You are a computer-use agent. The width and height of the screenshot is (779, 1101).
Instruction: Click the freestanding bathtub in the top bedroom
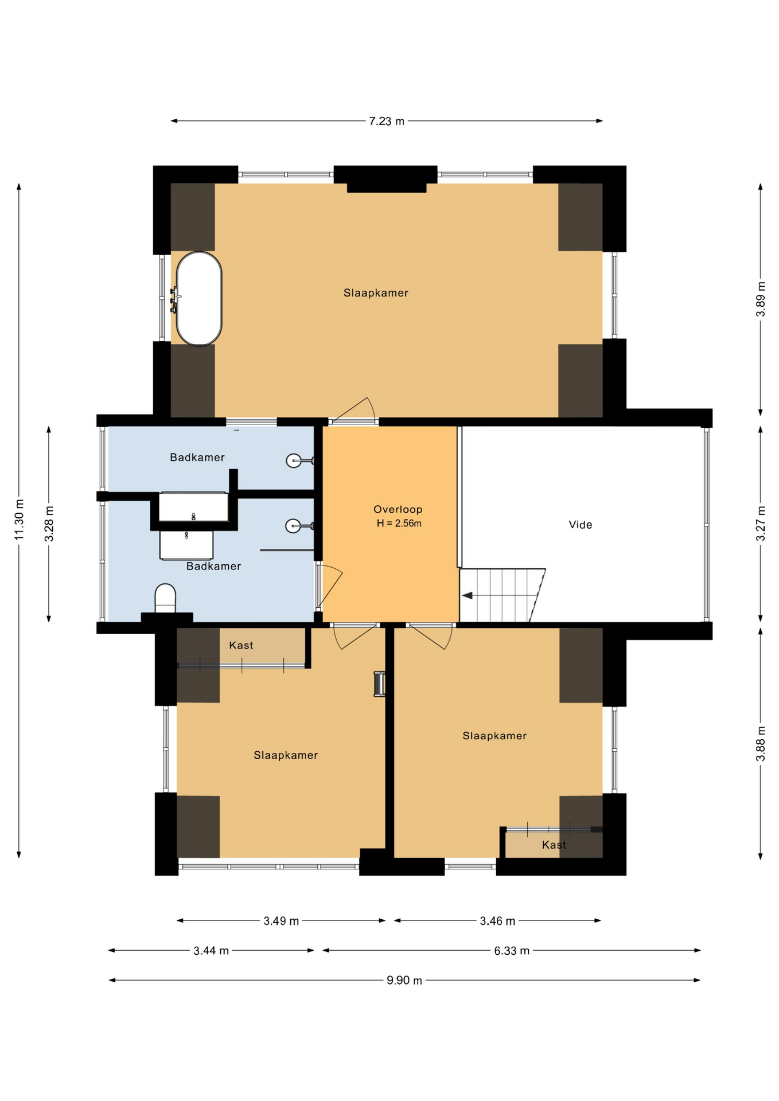198,299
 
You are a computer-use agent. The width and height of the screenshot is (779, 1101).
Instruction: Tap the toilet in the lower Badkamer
165,599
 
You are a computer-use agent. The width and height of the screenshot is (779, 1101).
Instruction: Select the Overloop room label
398,509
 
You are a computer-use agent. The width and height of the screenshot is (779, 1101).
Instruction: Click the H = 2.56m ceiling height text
399,524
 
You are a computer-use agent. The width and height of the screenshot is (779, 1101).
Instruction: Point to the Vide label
580,525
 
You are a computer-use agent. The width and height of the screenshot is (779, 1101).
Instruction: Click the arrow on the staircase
468,596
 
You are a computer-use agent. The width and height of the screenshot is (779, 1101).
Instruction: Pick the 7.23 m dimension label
387,122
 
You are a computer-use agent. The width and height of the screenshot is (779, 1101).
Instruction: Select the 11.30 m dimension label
19,520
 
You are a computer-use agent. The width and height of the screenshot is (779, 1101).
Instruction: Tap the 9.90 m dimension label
404,981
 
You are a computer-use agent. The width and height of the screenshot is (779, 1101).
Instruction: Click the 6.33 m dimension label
512,951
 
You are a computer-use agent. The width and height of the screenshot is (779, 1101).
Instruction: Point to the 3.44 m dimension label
211,951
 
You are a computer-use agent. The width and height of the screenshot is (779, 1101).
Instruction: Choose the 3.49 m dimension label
281,921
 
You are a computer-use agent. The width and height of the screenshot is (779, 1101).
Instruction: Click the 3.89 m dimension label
761,299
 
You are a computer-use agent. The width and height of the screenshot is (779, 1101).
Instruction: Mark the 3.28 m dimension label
49,524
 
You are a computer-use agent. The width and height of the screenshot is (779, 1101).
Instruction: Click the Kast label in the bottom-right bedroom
554,845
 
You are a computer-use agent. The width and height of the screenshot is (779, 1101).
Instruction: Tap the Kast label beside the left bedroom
241,645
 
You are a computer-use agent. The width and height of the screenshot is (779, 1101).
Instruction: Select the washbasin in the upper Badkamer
294,460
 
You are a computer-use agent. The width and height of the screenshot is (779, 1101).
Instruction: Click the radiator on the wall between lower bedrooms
379,684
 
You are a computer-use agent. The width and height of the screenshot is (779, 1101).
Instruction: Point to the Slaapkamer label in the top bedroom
376,293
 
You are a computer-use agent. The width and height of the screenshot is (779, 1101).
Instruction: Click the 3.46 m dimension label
497,921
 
